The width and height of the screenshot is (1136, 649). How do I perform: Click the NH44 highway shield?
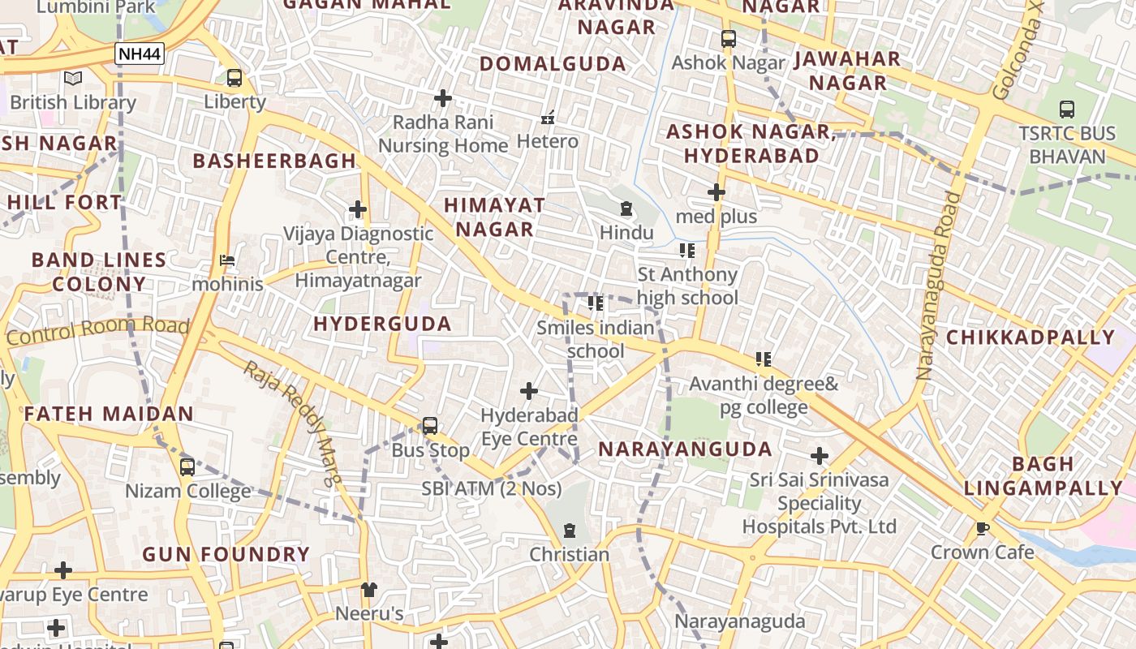(140, 54)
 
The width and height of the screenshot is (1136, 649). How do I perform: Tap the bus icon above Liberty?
(235, 78)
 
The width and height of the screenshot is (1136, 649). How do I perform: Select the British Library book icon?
(73, 79)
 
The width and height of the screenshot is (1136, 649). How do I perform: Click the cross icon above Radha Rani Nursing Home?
(443, 98)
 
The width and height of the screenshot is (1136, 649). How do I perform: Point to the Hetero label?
(548, 141)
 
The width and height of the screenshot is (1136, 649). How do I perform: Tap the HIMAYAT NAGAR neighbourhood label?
(494, 217)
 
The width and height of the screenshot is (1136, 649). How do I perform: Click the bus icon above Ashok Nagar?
(729, 38)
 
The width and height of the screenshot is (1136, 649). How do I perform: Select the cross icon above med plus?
(716, 192)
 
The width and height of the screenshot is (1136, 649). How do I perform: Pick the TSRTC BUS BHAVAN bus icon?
(1067, 109)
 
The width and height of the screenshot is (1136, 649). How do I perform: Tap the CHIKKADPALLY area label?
(1031, 337)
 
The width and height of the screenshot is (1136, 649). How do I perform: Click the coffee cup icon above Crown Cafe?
(983, 529)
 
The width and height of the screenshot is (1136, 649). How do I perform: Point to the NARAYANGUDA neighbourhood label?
(685, 449)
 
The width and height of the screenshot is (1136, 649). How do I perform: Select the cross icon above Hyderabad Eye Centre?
(529, 392)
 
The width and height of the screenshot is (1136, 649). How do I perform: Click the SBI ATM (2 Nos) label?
(492, 488)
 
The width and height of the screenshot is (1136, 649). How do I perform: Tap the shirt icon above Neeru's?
(369, 589)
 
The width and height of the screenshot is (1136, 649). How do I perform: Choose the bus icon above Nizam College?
(187, 467)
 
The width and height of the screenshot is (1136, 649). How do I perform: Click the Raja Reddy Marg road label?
(293, 423)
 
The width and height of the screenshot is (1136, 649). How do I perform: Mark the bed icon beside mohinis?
(227, 260)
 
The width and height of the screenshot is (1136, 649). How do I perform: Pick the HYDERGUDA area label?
(382, 324)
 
